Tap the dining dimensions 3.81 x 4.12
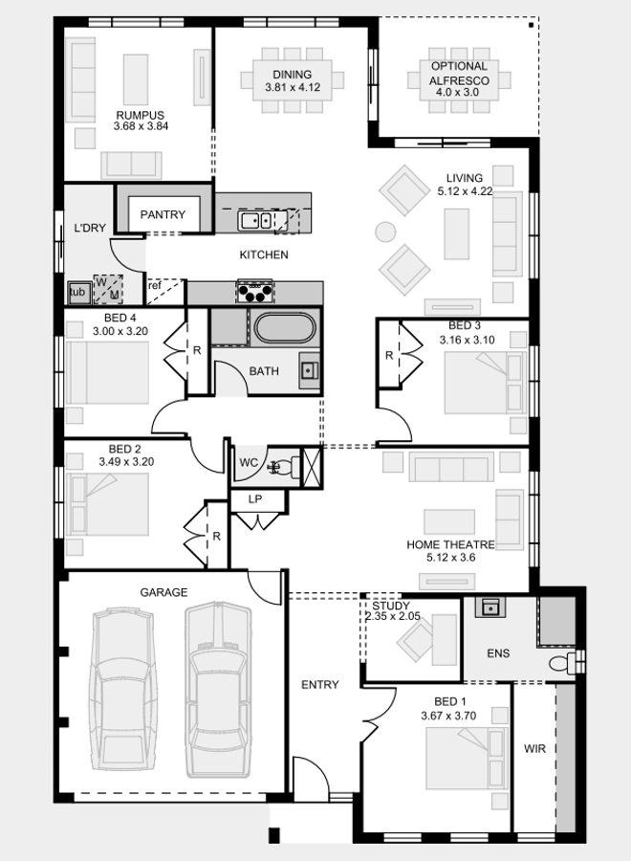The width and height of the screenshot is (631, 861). [292, 88]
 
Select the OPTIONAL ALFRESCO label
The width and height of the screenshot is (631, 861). [459, 74]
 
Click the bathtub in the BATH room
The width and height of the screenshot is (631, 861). [284, 328]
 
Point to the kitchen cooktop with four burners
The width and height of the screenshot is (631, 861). [255, 290]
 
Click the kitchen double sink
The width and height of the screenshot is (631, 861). [255, 221]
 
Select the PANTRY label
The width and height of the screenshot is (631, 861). [163, 214]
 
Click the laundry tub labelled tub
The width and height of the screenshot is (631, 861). [77, 292]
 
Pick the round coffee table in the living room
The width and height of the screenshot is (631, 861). [385, 232]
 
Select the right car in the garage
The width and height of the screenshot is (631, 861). [217, 689]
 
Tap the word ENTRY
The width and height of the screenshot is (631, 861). [319, 684]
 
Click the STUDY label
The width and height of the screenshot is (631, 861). [391, 606]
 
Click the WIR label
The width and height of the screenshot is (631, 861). [534, 749]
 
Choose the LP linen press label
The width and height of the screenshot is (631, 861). [255, 499]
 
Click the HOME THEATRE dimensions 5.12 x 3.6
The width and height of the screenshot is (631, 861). [451, 558]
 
